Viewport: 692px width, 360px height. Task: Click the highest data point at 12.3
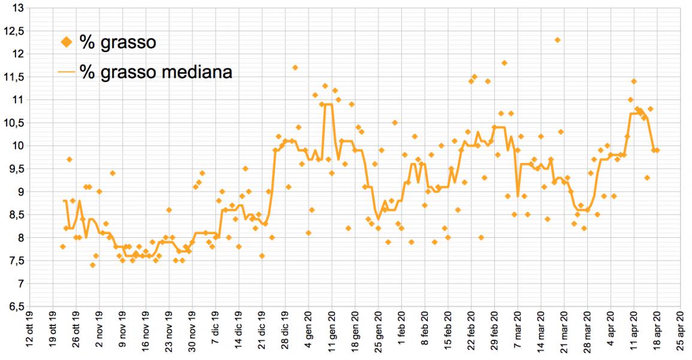[x=557, y=40]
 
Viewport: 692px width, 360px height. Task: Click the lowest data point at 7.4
[x=93, y=265]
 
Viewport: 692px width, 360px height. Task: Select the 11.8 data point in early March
[x=504, y=63]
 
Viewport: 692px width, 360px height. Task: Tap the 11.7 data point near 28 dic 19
[x=295, y=68]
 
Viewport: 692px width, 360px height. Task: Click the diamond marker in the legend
[x=67, y=43]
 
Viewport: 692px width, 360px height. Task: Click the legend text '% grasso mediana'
[x=156, y=71]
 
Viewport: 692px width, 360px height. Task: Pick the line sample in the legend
[x=67, y=71]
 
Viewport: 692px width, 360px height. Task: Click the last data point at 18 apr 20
[x=657, y=150]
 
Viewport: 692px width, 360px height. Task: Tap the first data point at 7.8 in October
[x=63, y=247]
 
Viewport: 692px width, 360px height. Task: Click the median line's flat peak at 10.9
[x=328, y=105]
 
